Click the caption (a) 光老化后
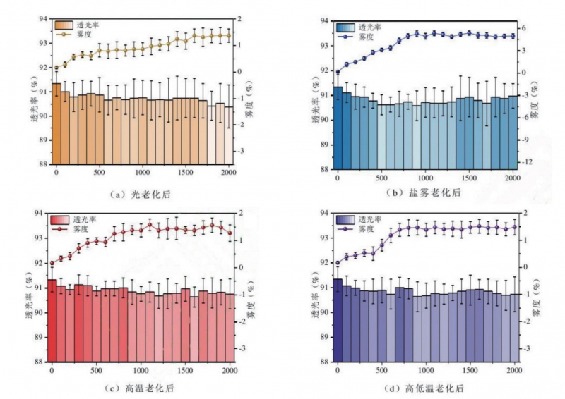(138, 192)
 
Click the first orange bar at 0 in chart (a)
(56, 123)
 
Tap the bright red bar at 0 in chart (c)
(52, 321)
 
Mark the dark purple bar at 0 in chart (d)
(338, 321)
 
